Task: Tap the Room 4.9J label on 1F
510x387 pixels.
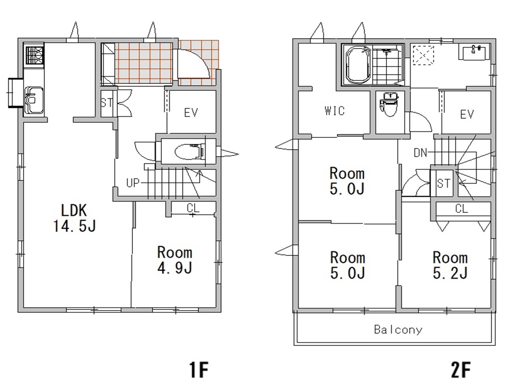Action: tap(175, 260)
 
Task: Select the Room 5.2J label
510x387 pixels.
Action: tap(450, 265)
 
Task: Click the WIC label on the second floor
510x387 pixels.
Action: tap(334, 111)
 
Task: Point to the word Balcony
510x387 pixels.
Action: tap(398, 330)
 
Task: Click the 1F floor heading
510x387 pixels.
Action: tap(199, 370)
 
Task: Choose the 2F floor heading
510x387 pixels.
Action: tap(460, 370)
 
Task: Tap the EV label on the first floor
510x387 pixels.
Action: tap(191, 113)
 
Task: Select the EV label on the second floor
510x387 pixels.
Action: tap(467, 114)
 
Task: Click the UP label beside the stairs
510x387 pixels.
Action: tap(133, 183)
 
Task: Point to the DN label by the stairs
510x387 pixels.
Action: tap(420, 153)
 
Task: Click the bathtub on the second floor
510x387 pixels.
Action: tap(359, 65)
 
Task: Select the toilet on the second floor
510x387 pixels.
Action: tap(389, 104)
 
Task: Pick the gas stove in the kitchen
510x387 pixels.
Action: tap(34, 55)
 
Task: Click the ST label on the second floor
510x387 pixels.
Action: tap(444, 184)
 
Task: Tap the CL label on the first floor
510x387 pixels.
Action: tap(193, 207)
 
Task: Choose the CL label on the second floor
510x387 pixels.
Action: tap(461, 208)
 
